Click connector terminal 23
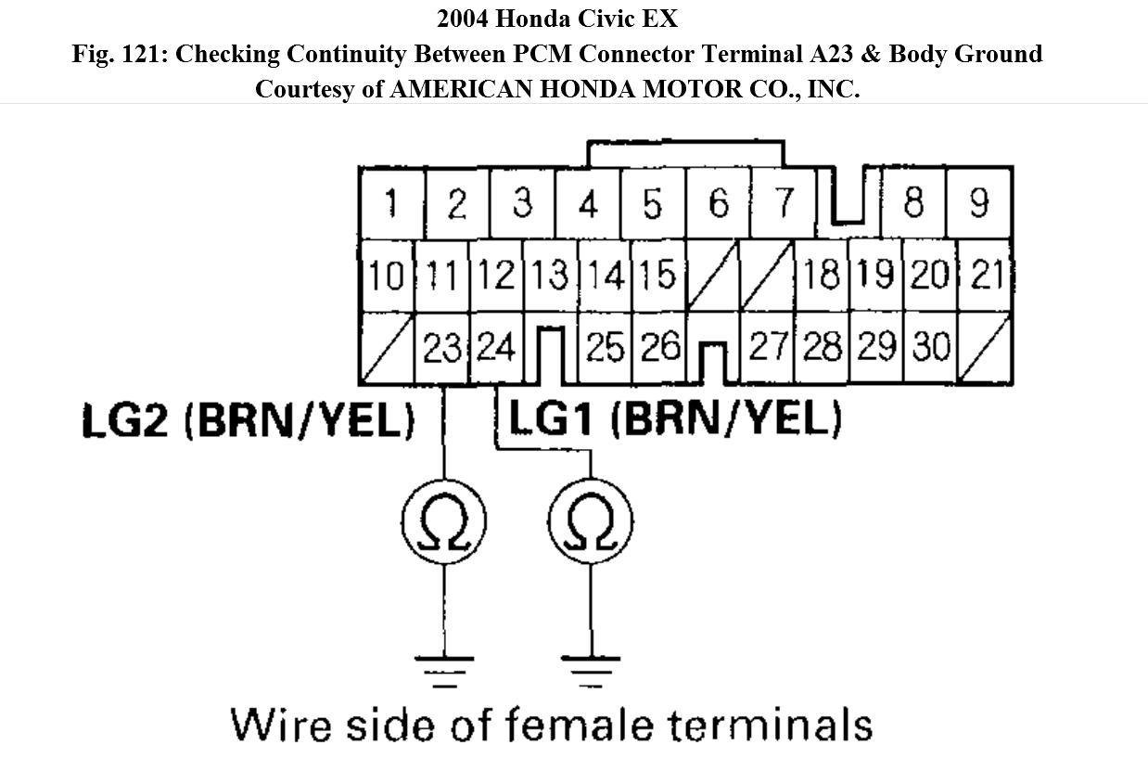click(442, 349)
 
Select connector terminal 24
click(496, 349)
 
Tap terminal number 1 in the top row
click(391, 203)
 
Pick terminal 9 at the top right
click(979, 203)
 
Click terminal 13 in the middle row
click(550, 276)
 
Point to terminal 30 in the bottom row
click(931, 349)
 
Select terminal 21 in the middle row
click(986, 276)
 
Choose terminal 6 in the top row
click(719, 203)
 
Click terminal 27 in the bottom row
click(768, 349)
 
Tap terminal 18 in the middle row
click(822, 276)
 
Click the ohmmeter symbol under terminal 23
click(443, 522)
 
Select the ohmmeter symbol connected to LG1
click(590, 522)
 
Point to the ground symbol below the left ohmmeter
click(443, 671)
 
